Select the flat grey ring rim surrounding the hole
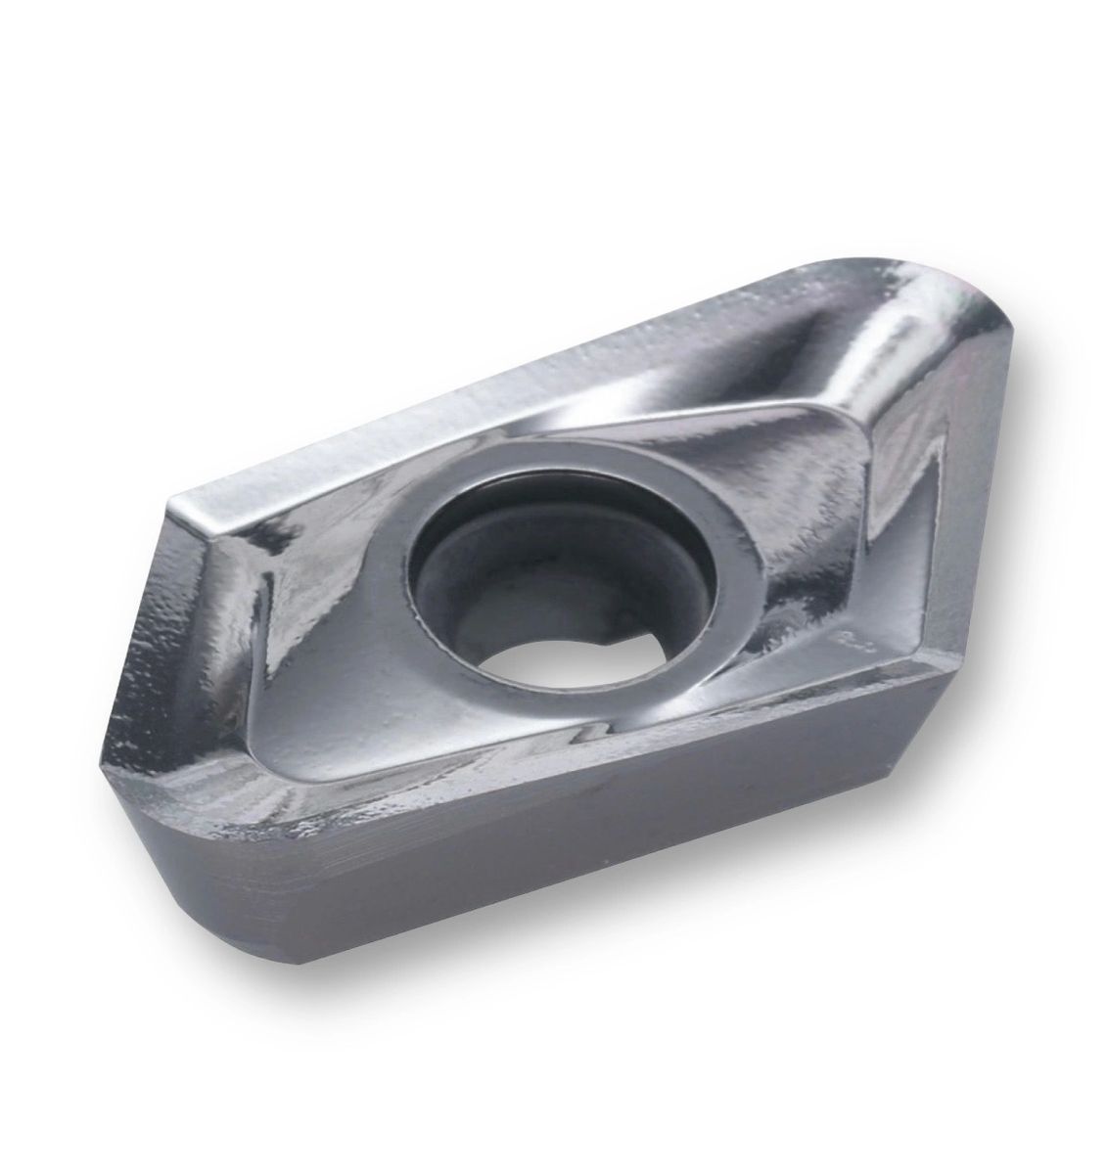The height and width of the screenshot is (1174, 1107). pos(626,509)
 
